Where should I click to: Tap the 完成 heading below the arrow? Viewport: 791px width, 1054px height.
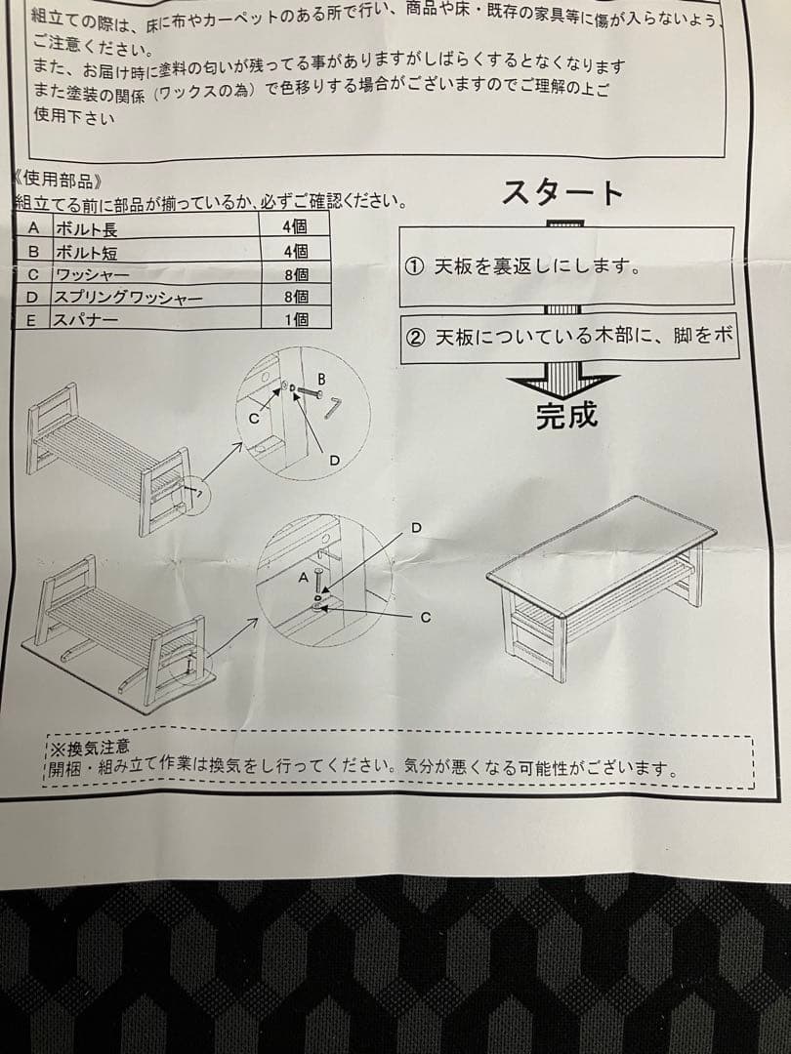click(566, 416)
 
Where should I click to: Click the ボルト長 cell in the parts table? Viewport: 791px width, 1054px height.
click(87, 230)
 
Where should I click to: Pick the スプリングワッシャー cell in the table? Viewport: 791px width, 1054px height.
click(128, 297)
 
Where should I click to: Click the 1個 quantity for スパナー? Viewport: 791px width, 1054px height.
click(295, 318)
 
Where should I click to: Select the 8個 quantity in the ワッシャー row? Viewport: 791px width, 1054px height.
click(295, 274)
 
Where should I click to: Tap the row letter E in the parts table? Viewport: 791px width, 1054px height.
click(32, 319)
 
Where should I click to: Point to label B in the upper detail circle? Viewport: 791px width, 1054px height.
click(320, 379)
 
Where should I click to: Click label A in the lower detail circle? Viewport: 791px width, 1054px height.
click(302, 578)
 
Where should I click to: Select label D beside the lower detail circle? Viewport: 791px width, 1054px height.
click(416, 528)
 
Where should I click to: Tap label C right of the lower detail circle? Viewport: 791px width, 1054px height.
click(426, 617)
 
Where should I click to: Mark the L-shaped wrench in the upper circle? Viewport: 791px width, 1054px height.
click(334, 407)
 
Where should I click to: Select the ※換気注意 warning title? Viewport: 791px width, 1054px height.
click(89, 749)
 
